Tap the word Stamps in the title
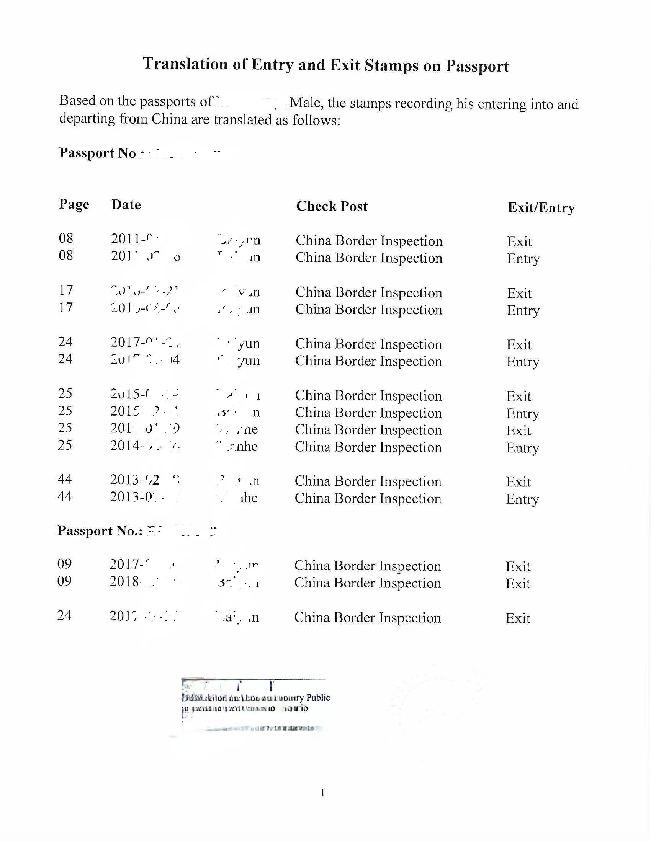tap(391, 65)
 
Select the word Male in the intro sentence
tap(306, 103)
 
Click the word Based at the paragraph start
tap(77, 100)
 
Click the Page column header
tap(74, 204)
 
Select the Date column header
tap(126, 205)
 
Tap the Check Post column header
tap(332, 206)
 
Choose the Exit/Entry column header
tap(541, 207)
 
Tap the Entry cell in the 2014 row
tap(523, 448)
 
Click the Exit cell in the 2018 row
tap(518, 584)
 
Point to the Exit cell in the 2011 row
tap(519, 242)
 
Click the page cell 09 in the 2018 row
tap(64, 581)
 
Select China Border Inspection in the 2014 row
tap(368, 447)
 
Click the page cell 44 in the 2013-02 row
tap(64, 479)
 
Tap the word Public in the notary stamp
tap(318, 697)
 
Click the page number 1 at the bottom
tap(322, 793)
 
